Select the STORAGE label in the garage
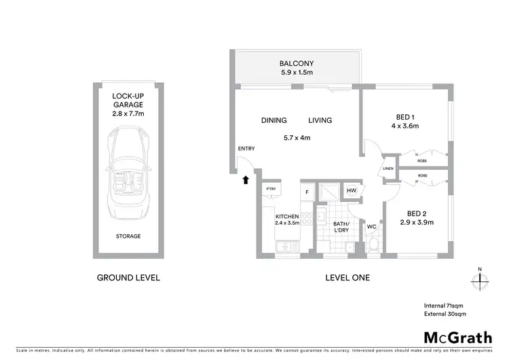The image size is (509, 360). (127, 236)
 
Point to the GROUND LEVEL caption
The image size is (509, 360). (128, 277)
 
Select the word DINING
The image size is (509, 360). (274, 120)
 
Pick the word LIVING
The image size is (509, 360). (320, 120)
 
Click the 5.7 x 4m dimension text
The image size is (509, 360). (297, 138)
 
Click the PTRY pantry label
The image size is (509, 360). (271, 190)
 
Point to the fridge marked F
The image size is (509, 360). (306, 193)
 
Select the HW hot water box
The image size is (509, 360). (352, 192)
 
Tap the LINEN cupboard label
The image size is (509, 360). (388, 168)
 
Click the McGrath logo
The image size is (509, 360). (458, 338)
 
